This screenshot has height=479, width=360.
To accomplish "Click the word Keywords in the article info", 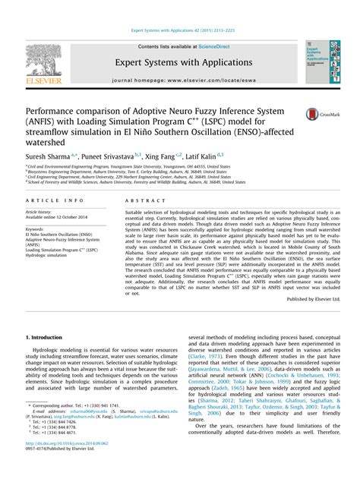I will pos(35,228).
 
